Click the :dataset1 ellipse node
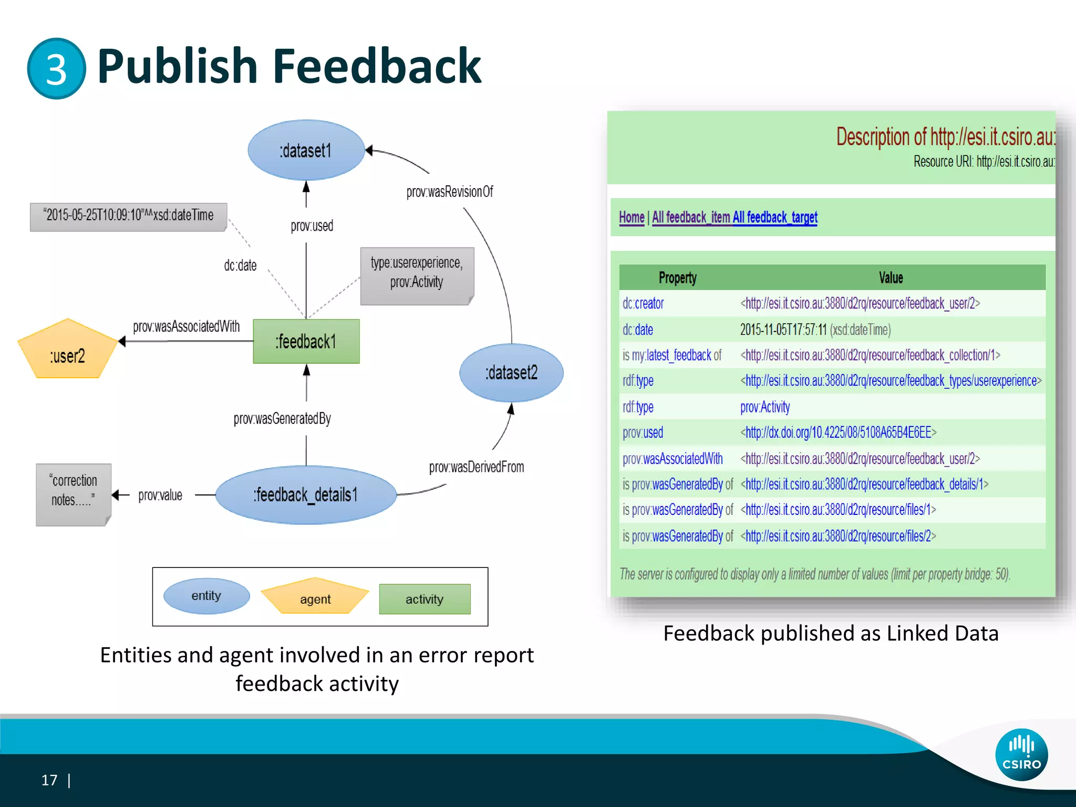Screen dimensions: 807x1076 coord(306,151)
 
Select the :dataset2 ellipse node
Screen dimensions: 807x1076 coord(511,373)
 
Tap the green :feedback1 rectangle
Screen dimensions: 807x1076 coord(306,342)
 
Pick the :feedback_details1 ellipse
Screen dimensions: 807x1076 coord(306,495)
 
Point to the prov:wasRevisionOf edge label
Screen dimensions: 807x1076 coord(450,192)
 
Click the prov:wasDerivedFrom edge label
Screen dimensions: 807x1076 coord(476,467)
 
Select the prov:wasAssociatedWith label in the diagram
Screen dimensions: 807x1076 coord(186,327)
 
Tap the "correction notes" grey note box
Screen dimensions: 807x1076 coord(74,494)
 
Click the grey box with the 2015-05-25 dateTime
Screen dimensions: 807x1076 coord(129,216)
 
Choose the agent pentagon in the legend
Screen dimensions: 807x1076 coord(315,598)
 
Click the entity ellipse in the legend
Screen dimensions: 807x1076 coord(206,596)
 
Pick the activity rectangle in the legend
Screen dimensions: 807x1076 coord(425,599)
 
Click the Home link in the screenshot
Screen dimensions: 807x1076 coord(632,218)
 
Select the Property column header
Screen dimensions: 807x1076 coord(677,278)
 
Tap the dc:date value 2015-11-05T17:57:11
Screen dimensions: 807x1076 coord(783,330)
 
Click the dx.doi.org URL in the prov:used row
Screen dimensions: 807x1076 coord(839,432)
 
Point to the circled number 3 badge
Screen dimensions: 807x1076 coord(56,69)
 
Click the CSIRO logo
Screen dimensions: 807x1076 coord(1021,754)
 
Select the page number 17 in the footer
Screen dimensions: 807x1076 coord(49,780)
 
